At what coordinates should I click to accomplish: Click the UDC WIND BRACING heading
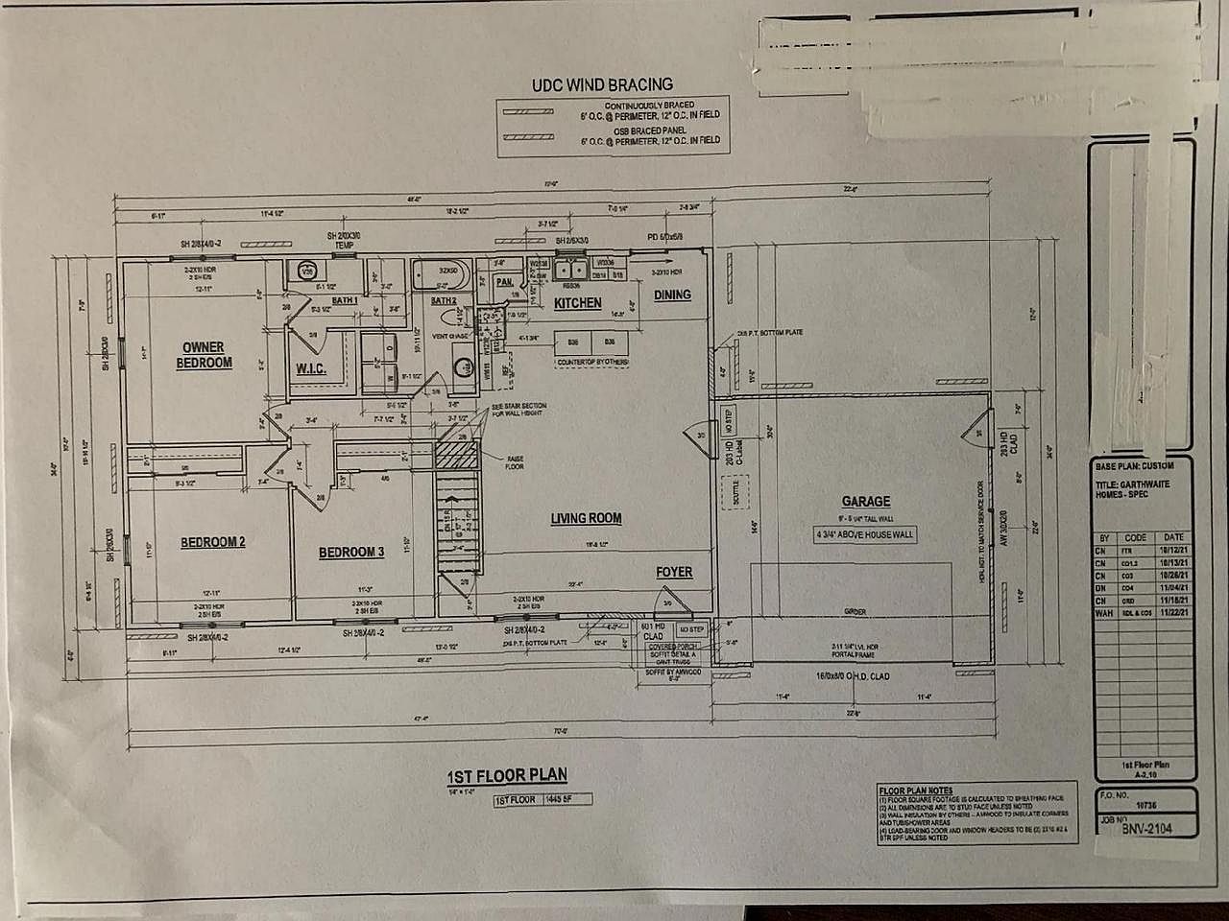click(602, 85)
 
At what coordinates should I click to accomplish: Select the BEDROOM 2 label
click(213, 542)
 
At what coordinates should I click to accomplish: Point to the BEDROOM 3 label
click(351, 552)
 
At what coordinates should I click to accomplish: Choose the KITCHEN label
click(577, 303)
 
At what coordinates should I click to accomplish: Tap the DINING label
click(672, 295)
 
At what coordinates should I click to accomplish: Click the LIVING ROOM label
click(586, 518)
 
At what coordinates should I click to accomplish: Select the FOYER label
click(674, 572)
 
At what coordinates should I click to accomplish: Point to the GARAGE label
click(865, 501)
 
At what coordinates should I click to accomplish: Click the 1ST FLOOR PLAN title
click(507, 775)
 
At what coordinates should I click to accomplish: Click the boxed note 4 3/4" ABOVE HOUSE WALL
click(865, 534)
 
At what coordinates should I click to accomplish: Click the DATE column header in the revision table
click(1173, 538)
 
